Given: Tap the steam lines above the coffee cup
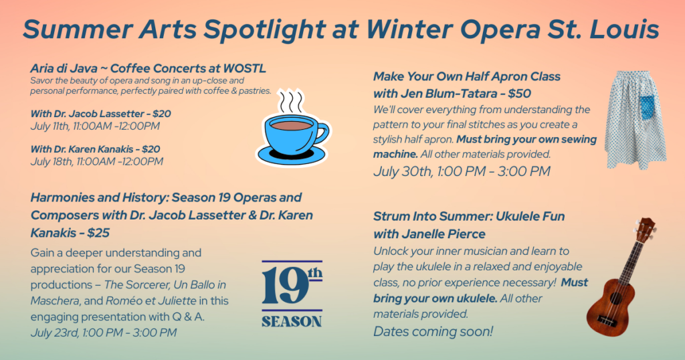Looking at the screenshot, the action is click(x=290, y=101).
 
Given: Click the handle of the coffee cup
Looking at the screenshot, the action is click(x=322, y=132).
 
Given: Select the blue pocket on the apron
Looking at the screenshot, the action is click(x=647, y=108).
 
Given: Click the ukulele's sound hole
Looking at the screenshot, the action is click(x=615, y=299).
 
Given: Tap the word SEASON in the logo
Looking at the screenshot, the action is click(x=292, y=322).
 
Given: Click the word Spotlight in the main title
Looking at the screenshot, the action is click(x=264, y=29).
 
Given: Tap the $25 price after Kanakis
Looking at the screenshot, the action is click(x=98, y=233).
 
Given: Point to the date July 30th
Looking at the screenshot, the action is click(x=402, y=171).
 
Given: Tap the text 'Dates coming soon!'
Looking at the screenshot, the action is click(x=433, y=332).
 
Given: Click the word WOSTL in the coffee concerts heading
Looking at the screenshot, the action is click(x=244, y=69).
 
